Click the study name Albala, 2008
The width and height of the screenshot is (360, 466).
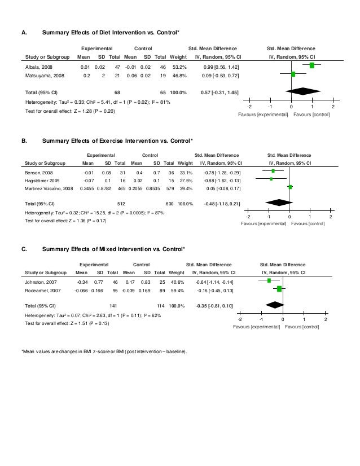36,66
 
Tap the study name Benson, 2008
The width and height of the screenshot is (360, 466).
36,172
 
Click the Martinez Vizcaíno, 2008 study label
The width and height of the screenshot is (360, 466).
49,187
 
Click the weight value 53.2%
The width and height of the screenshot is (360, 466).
178,66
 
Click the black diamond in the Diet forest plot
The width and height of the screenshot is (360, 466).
303,91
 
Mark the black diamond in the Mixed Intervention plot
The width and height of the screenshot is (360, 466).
275,305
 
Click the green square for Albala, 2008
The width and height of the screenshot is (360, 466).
312,65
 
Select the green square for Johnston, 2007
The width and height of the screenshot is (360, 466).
269,280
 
